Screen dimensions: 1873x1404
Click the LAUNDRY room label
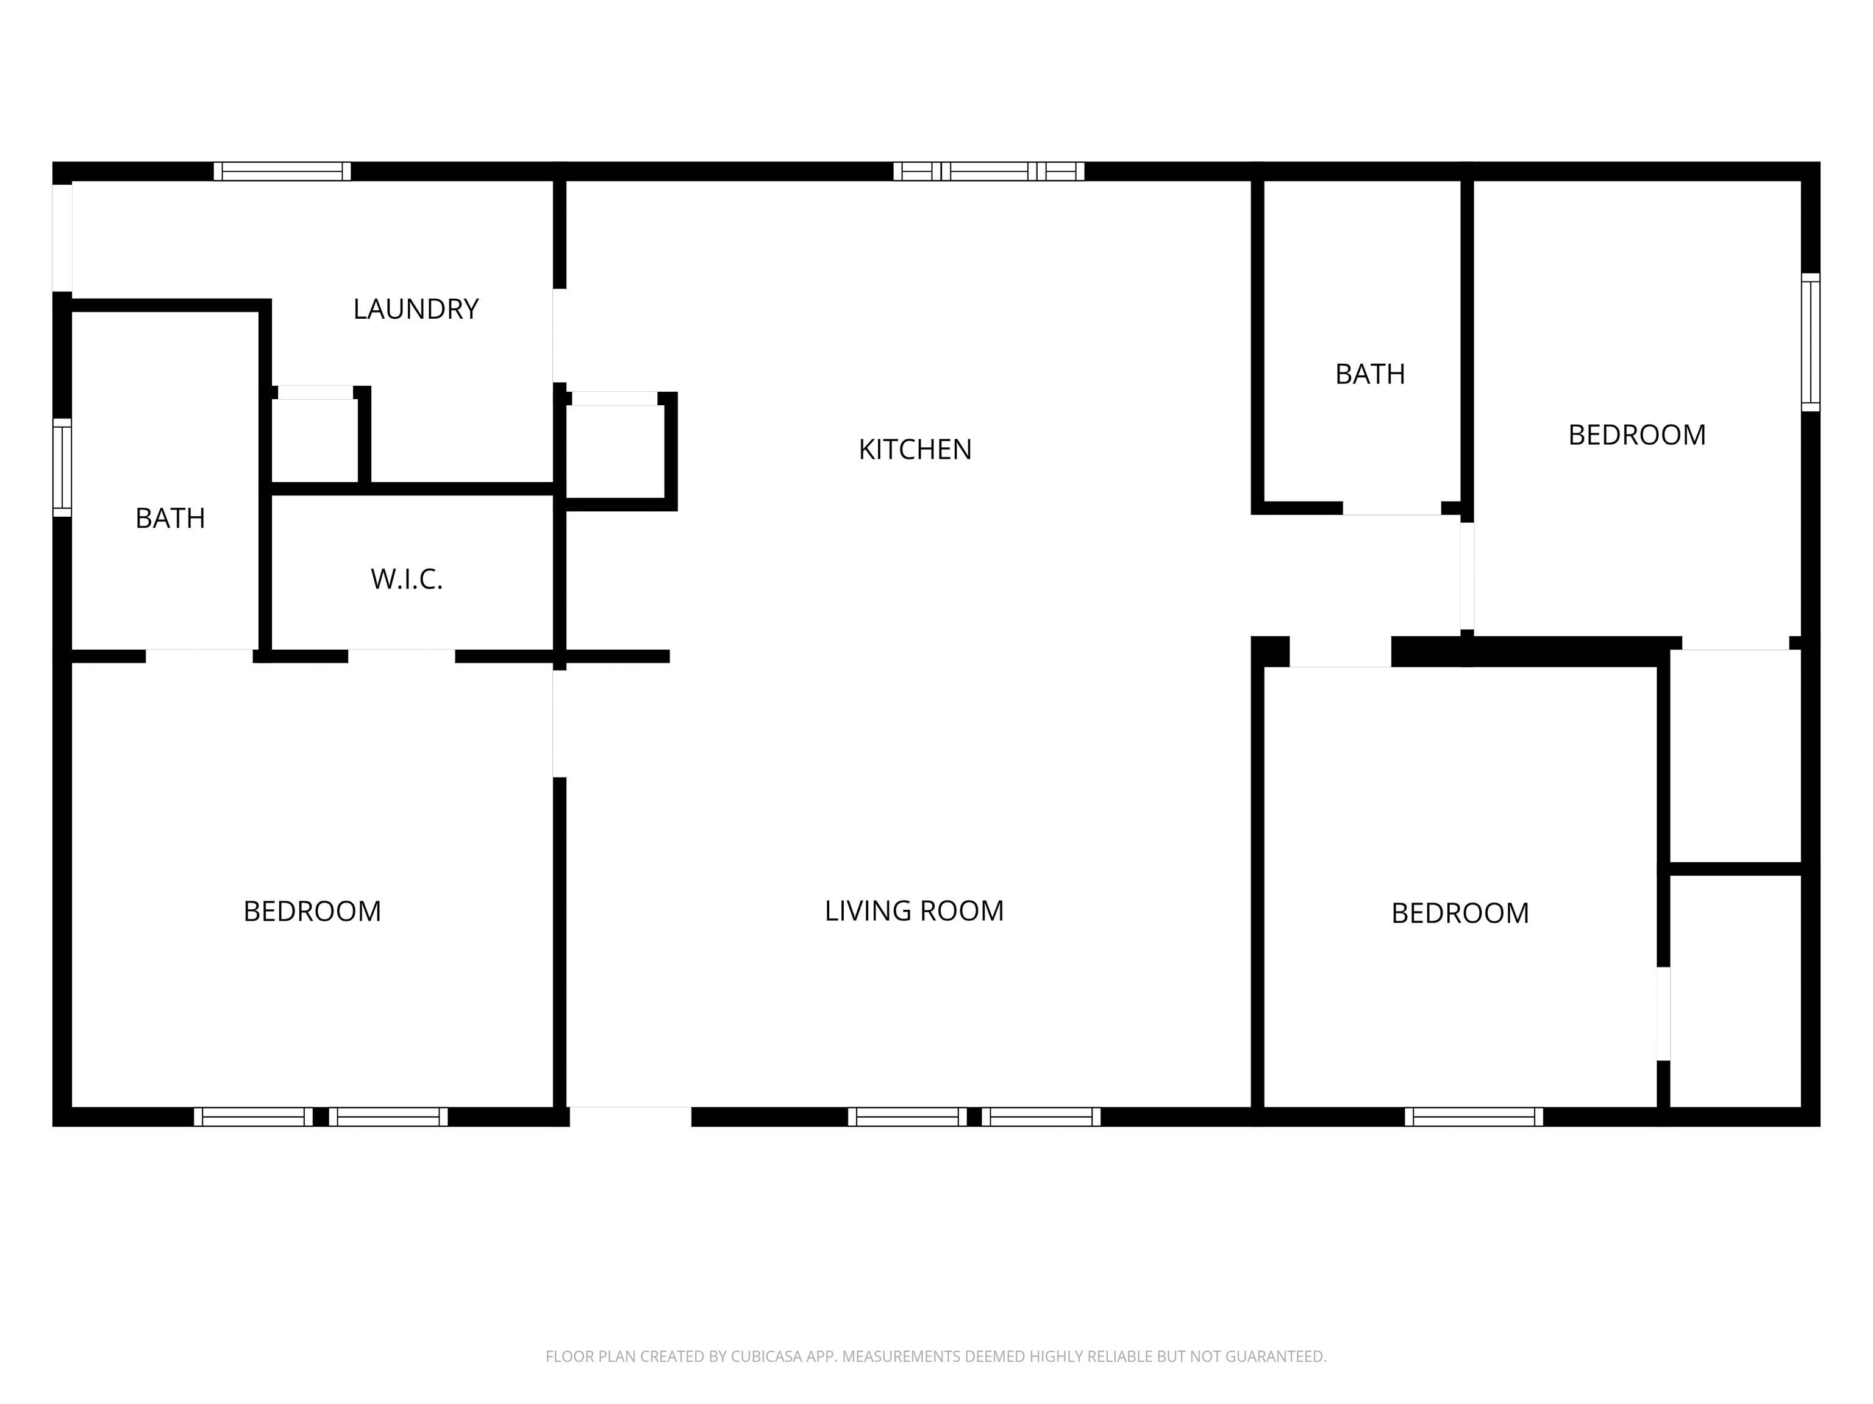pos(416,309)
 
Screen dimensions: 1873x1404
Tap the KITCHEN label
pos(915,449)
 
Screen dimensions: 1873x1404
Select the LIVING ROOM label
pos(914,910)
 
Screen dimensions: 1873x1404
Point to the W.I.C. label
pos(407,580)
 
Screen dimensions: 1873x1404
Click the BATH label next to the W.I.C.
pos(170,518)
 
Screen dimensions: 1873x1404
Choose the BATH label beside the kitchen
pos(1370,374)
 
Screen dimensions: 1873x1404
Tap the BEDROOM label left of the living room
pos(312,912)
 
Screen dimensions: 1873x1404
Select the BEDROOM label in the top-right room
pos(1637,435)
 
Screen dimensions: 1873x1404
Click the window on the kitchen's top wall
pos(989,171)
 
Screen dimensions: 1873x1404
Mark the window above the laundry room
pos(282,171)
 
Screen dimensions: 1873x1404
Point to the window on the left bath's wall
pos(62,467)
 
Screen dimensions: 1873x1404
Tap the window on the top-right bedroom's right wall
pos(1810,342)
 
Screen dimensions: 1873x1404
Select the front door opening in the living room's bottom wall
pos(630,1117)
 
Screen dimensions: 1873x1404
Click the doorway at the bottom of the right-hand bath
pos(1392,509)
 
